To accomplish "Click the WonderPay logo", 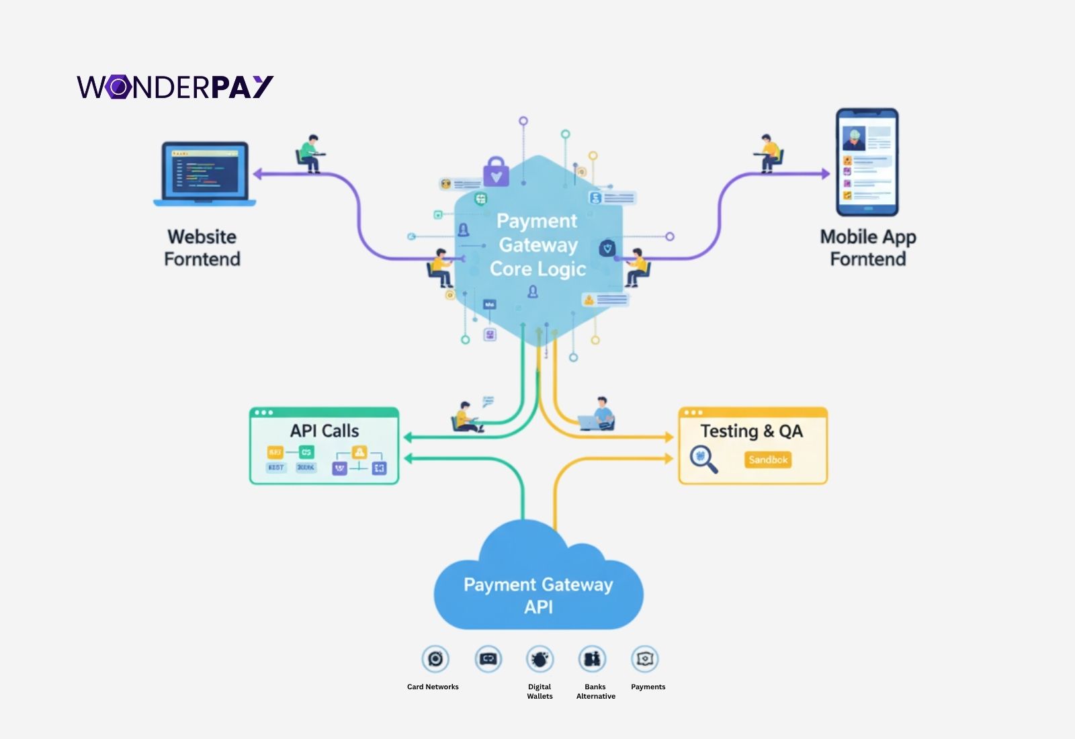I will click(175, 87).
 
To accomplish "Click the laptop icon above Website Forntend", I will click(204, 174).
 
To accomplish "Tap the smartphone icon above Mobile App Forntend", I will click(867, 163).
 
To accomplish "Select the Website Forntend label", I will click(202, 248).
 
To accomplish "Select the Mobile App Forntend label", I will click(867, 248).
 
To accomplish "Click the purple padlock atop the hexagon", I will click(496, 173).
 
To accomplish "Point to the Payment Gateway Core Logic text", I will click(537, 245).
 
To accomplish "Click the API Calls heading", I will click(324, 431).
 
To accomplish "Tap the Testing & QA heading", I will click(751, 431).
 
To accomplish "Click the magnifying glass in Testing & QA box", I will click(703, 460).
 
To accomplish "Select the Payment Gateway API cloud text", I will click(538, 595).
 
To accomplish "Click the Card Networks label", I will click(433, 687).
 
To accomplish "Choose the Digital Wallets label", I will click(540, 691).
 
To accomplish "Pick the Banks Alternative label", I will click(595, 691).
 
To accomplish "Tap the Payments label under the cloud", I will click(648, 687).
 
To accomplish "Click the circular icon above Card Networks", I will click(435, 659).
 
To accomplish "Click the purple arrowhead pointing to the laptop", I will click(258, 175).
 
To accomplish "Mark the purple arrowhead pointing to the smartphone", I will click(826, 173).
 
